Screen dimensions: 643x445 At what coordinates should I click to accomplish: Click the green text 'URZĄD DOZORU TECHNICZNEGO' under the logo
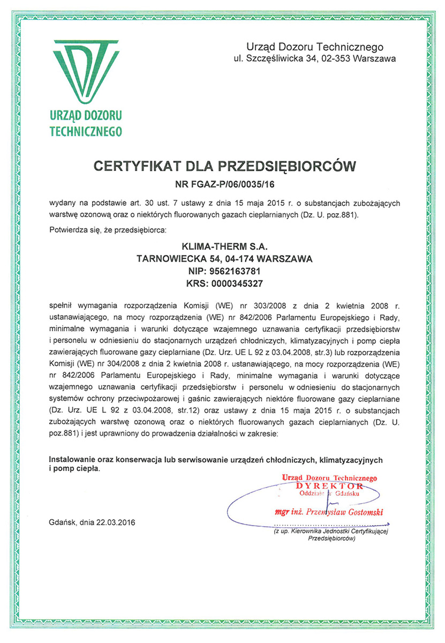[x=86, y=123]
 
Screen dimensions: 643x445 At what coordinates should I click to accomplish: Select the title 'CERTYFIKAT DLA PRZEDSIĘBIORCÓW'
[x=224, y=166]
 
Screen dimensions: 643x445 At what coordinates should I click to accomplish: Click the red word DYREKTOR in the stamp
[x=329, y=485]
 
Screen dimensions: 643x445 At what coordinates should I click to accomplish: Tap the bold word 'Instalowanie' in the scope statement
[x=71, y=460]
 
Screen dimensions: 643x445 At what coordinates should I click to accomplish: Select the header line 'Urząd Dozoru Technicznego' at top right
[x=314, y=47]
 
